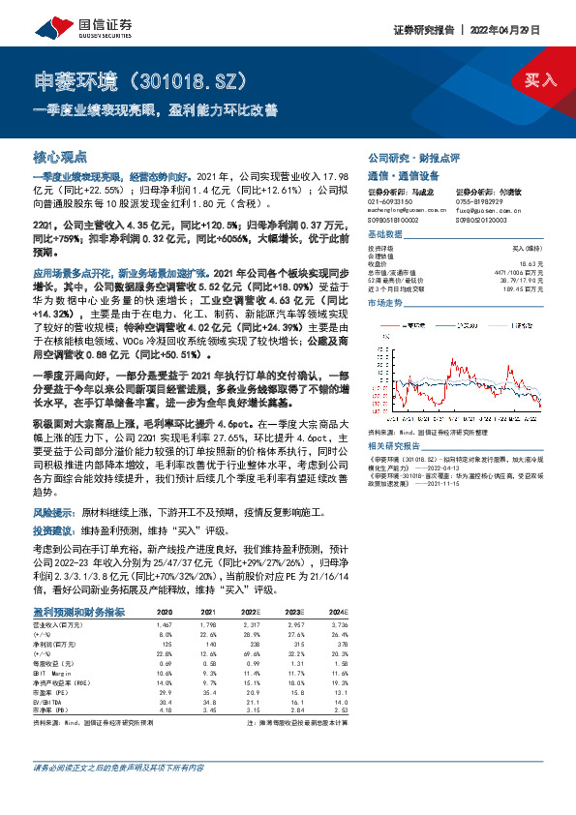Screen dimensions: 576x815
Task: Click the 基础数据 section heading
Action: [386, 235]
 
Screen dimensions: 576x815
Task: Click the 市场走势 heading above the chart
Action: [386, 303]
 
